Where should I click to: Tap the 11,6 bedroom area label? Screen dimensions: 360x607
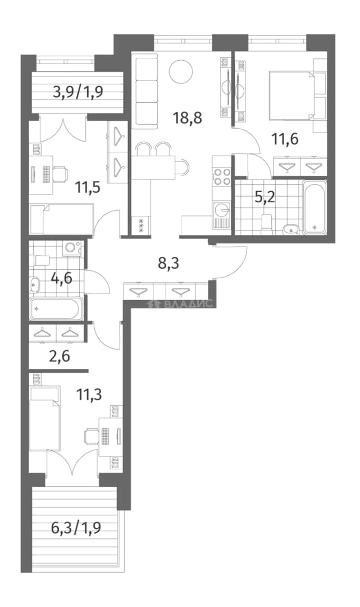pos(285,138)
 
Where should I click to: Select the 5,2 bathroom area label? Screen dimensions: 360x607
pos(265,198)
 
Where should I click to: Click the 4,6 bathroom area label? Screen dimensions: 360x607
pos(62,278)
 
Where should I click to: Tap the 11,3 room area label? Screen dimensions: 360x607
pos(90,395)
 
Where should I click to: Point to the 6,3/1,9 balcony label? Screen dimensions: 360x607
pos(76,527)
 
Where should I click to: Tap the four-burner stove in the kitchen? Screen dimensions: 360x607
pos(222,176)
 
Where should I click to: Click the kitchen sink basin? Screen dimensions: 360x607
pos(222,211)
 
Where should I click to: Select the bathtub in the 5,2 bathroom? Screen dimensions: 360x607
pos(315,207)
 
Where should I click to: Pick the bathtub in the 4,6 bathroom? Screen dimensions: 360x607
pos(56,309)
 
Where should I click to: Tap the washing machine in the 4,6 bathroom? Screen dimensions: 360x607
pos(71,248)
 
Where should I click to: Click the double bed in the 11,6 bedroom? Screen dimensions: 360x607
pos(293,95)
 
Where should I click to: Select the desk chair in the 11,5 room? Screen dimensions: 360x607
pos(60,174)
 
